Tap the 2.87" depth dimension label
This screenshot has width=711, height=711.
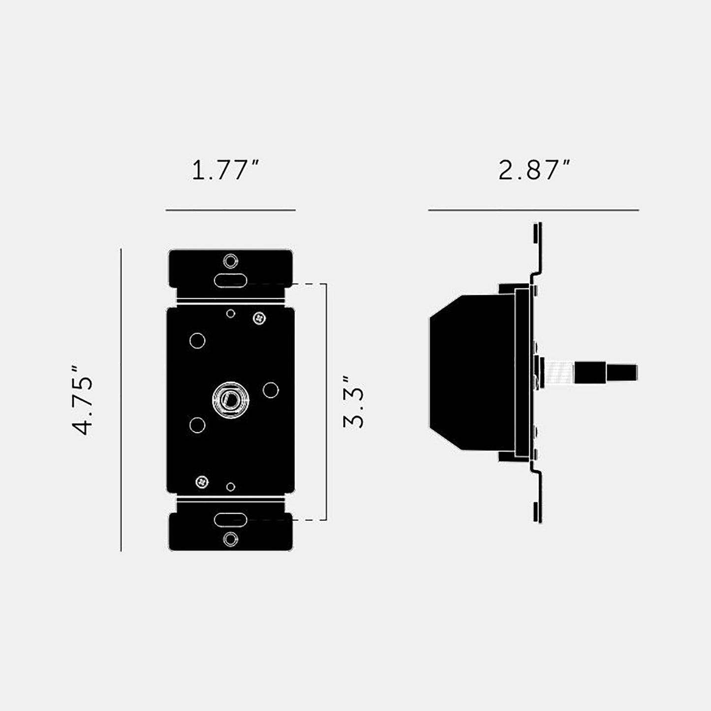(534, 170)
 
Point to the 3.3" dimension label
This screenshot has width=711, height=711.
(353, 402)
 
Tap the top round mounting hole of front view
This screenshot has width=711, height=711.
(231, 261)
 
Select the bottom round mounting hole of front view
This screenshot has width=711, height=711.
(231, 539)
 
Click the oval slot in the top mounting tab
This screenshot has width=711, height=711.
(231, 281)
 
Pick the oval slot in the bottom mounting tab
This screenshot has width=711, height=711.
(231, 520)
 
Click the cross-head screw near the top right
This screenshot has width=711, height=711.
(260, 318)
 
